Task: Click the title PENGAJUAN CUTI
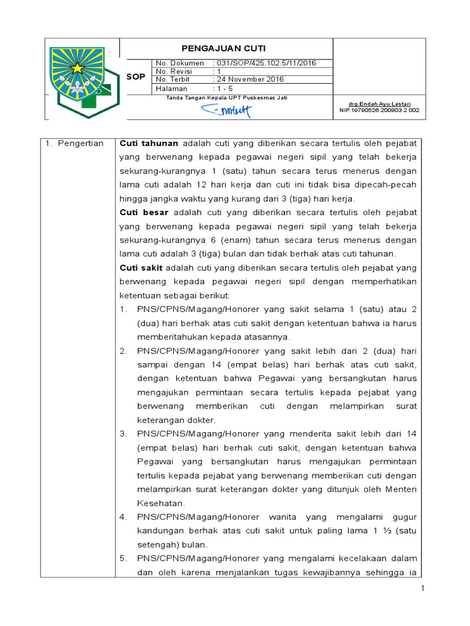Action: (226, 48)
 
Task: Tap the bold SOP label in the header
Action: (135, 77)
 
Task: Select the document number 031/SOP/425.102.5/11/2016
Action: (264, 63)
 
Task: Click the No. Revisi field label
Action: (174, 71)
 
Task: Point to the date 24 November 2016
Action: (249, 79)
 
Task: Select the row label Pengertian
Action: (82, 143)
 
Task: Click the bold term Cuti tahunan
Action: (149, 143)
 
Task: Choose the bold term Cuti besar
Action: (144, 213)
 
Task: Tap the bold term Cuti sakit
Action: (141, 268)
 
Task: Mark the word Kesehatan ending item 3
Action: (160, 503)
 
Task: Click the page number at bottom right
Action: (422, 588)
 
